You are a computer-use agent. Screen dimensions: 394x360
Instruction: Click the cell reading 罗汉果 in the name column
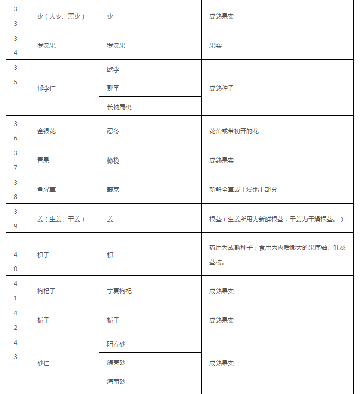coord(46,45)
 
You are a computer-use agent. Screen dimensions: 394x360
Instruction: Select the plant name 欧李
coord(113,69)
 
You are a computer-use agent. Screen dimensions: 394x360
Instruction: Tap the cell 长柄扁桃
coord(119,107)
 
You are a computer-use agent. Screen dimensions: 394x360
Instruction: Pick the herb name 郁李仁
coord(46,88)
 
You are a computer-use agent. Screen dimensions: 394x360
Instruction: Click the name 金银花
coord(46,131)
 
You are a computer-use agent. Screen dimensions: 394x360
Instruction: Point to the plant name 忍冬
coord(113,131)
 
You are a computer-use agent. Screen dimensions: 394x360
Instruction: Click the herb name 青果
coord(43,160)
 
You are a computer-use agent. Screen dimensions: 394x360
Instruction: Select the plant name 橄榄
coord(113,160)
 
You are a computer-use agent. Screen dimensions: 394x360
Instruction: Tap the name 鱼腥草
coord(46,190)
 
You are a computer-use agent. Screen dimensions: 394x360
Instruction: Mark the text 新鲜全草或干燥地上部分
coord(243,190)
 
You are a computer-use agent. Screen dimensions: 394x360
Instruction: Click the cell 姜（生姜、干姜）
coord(61,219)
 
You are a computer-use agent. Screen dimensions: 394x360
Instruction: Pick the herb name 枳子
coord(43,255)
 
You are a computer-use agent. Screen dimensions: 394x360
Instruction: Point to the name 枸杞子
coord(46,291)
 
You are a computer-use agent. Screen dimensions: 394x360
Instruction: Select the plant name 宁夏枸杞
coord(119,291)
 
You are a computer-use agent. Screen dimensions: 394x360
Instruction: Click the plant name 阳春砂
coord(116,344)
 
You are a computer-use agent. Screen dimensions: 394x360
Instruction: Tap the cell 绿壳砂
coord(116,363)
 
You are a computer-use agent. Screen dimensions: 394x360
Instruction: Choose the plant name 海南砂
coord(116,382)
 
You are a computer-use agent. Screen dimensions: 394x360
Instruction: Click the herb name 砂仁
coord(43,363)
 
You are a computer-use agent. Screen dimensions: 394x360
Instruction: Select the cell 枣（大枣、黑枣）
coord(61,16)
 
